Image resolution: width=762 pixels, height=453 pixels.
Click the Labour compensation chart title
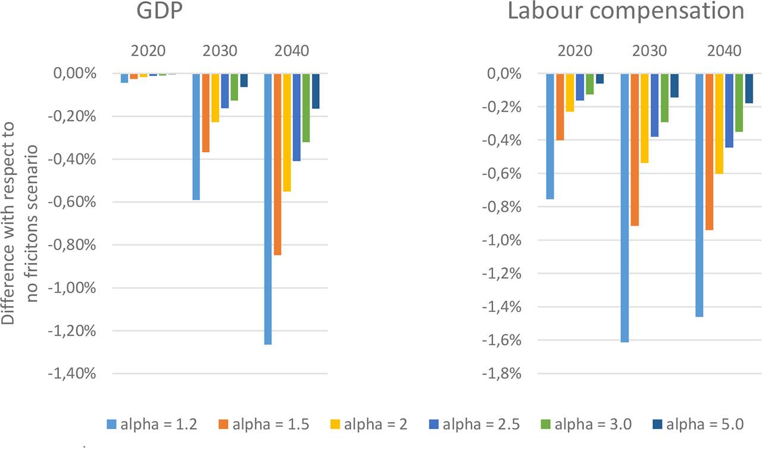[x=626, y=11]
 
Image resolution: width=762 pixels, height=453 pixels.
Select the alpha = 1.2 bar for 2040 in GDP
[x=268, y=208]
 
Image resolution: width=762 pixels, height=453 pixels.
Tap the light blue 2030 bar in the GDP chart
[x=196, y=137]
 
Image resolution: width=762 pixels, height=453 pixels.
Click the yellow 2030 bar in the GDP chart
[x=215, y=98]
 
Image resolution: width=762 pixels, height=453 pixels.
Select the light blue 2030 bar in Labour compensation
[x=625, y=208]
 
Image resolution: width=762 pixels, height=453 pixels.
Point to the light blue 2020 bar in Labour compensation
[x=550, y=136]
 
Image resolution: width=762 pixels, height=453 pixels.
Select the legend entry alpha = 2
[x=368, y=424]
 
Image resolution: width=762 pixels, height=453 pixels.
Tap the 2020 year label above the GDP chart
[x=148, y=51]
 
